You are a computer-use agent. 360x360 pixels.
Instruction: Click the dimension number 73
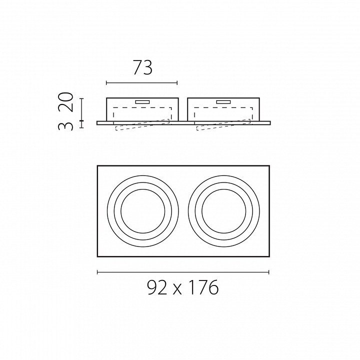[142, 67]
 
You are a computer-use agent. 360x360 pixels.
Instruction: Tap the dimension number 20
[67, 102]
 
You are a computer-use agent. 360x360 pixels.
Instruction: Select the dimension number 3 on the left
[66, 126]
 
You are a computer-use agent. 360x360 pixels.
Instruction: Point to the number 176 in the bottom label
[204, 287]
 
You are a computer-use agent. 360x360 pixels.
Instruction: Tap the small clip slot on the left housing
[142, 102]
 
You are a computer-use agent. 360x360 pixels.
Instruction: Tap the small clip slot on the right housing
[223, 102]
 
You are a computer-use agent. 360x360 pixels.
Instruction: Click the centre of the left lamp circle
[143, 211]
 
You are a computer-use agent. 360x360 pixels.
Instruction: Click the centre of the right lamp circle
[224, 211]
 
